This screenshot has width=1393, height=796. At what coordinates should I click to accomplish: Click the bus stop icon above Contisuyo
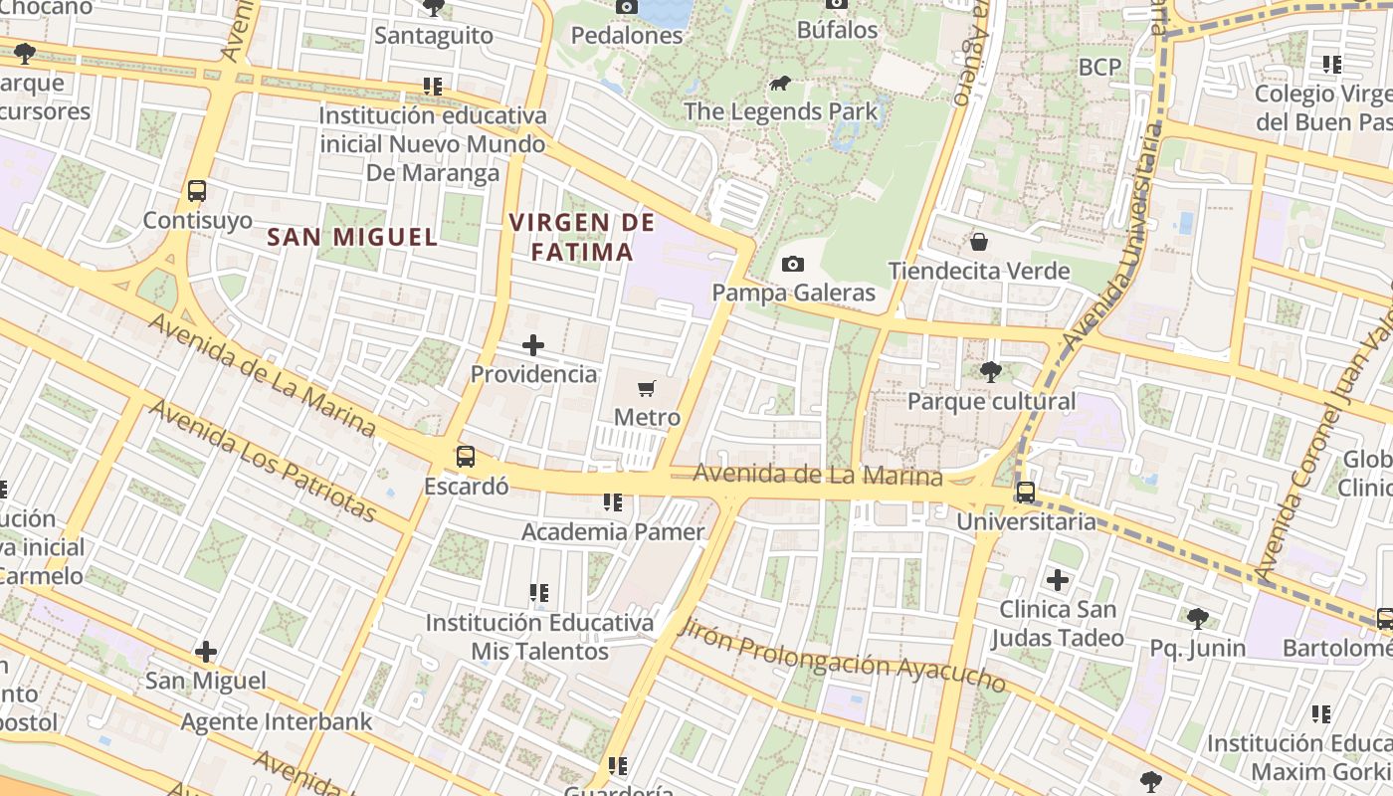click(197, 190)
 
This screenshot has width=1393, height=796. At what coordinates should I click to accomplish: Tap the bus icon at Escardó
click(465, 457)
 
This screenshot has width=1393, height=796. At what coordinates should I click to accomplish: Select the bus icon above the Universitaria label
click(1025, 492)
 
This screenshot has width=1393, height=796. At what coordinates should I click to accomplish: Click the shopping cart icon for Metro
click(647, 388)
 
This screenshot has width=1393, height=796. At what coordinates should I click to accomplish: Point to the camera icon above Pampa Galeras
click(793, 264)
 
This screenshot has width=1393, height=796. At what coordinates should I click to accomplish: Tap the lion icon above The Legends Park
click(780, 83)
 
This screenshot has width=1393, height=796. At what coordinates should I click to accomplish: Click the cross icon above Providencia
click(533, 345)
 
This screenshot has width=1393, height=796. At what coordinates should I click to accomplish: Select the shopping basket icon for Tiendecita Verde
click(979, 241)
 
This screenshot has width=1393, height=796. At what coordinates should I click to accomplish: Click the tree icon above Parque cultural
click(990, 372)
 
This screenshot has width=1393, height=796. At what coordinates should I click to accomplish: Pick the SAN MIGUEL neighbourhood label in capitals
click(353, 237)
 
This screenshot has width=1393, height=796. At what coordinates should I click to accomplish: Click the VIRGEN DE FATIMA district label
click(582, 237)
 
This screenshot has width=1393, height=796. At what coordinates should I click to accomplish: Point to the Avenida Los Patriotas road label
click(263, 461)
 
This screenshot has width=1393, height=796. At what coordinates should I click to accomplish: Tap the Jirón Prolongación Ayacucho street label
click(842, 655)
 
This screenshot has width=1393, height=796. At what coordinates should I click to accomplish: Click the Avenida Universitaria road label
click(1112, 237)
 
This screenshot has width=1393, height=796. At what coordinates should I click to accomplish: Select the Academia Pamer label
click(613, 531)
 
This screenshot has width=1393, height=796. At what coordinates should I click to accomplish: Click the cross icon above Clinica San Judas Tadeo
click(1058, 579)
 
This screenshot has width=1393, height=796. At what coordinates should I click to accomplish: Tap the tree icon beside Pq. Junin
click(1198, 619)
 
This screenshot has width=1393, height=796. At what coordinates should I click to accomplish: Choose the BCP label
click(1099, 67)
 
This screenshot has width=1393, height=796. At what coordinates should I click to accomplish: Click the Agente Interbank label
click(276, 721)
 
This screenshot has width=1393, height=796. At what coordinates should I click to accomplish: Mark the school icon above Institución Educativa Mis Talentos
click(539, 593)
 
